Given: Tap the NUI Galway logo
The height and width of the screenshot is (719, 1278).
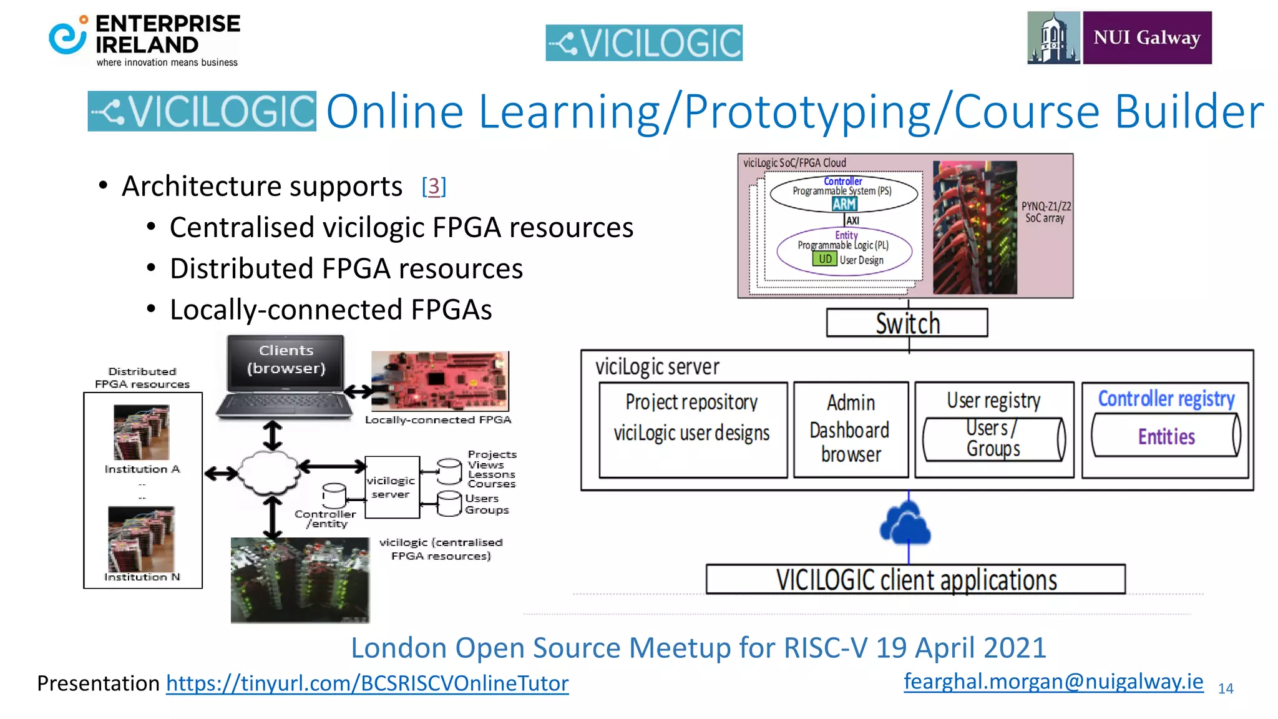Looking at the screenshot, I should [x=1119, y=37].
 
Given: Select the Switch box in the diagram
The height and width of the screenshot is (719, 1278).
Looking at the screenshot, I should [x=907, y=323].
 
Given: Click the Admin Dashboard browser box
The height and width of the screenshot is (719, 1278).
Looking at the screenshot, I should [x=851, y=429].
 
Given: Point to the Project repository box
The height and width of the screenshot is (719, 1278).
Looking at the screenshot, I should [x=692, y=429].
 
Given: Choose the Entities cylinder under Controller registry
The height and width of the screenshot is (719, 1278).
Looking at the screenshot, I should [x=1166, y=436].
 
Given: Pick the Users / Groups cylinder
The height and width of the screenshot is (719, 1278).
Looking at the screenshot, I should [x=993, y=439].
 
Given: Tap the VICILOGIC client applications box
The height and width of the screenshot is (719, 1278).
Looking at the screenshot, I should [x=915, y=580].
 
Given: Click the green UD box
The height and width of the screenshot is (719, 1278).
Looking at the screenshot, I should [x=824, y=259].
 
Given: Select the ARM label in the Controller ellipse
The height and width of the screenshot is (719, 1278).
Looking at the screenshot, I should [x=844, y=204].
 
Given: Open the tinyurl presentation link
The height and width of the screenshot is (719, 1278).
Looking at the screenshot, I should [x=367, y=683].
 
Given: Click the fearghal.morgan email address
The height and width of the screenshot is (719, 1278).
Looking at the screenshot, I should [x=1053, y=681].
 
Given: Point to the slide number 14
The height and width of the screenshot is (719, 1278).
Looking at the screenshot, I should [x=1226, y=688].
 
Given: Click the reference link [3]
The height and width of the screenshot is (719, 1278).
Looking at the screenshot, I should [x=434, y=186].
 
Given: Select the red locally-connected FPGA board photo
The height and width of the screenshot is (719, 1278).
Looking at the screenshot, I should [x=441, y=381].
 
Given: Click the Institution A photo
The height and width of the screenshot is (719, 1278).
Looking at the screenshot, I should [x=142, y=432].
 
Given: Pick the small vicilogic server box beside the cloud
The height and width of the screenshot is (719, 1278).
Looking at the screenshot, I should [x=392, y=487].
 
